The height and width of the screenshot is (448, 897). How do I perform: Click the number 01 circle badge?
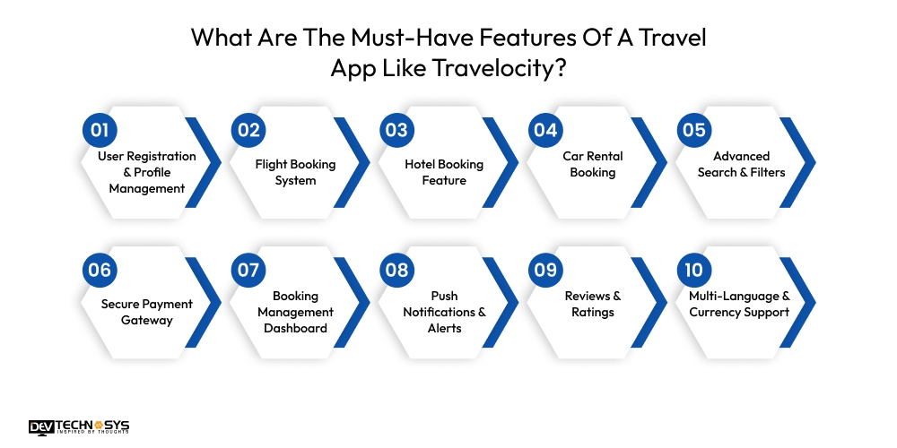(x=100, y=130)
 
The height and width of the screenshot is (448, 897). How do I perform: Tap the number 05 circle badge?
(x=693, y=130)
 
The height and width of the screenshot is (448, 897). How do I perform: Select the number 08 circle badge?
(x=396, y=270)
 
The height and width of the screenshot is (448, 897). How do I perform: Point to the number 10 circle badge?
(x=693, y=270)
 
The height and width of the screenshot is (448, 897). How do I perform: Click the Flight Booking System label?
(x=295, y=172)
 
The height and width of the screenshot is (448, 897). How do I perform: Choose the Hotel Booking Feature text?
(x=444, y=172)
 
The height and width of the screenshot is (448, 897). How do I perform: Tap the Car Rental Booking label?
(x=592, y=164)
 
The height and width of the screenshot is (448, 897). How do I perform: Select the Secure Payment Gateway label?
(x=146, y=312)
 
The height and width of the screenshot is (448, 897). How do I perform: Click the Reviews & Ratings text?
(x=592, y=304)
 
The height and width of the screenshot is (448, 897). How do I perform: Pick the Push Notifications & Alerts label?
(x=444, y=312)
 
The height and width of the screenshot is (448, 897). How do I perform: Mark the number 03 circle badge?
(x=396, y=130)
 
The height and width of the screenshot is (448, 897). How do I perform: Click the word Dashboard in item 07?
(x=295, y=328)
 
